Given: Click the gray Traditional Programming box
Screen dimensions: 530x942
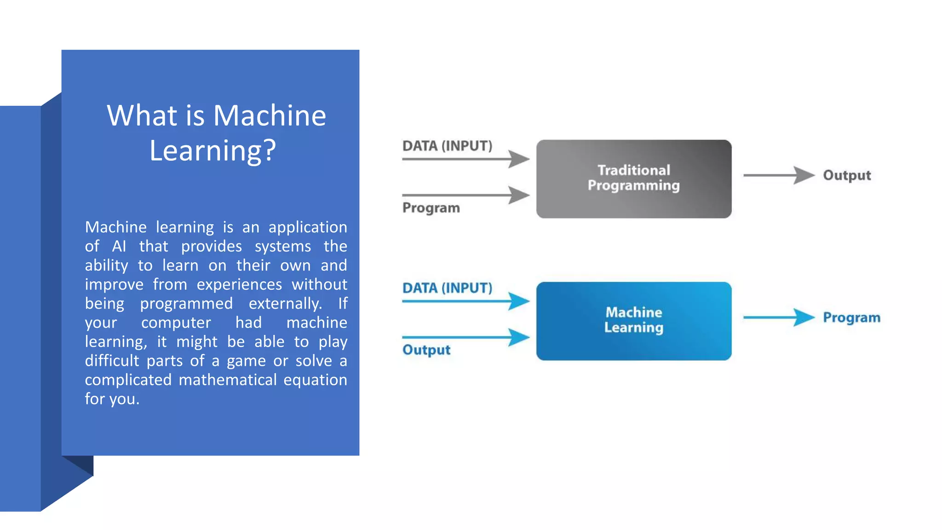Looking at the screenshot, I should [x=633, y=179].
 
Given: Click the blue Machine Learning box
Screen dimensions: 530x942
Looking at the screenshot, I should [x=633, y=321].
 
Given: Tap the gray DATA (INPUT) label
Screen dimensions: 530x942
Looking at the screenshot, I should [x=447, y=146].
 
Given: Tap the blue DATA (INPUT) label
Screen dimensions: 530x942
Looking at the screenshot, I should [x=447, y=288].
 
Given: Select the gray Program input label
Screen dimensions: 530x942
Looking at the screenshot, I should [x=431, y=208].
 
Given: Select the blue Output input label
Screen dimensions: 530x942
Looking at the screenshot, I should [x=426, y=350].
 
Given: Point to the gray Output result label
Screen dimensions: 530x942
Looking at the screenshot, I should [x=847, y=175].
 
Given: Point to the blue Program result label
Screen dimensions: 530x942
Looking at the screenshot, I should [x=851, y=317].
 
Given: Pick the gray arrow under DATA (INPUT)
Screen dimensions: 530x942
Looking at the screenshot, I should [x=465, y=159].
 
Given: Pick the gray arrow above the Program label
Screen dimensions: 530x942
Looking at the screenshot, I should [x=465, y=195].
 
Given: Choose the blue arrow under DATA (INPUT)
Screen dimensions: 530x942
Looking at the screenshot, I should [x=465, y=301].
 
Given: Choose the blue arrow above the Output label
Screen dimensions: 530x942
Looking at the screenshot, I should [x=465, y=337].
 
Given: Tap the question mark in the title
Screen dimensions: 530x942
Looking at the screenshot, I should [x=270, y=150].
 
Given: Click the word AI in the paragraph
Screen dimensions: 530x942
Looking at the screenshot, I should [x=119, y=247].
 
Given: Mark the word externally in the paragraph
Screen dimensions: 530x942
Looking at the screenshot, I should [x=285, y=304].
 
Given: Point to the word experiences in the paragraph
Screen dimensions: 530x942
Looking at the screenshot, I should [x=239, y=285].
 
